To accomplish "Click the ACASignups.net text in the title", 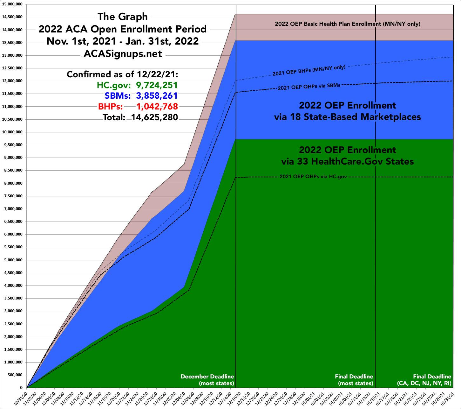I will [x=123, y=53].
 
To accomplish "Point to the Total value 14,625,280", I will [x=154, y=117].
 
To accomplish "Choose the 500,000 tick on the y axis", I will [x=15, y=375].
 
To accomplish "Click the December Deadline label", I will [x=207, y=377].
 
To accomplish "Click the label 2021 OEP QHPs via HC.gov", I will [x=313, y=177].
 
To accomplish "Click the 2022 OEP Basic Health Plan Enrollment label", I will [x=348, y=24].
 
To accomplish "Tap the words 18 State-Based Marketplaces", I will [x=347, y=117].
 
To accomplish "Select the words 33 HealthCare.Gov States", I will [x=347, y=161].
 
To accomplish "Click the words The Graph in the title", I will [x=123, y=17].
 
